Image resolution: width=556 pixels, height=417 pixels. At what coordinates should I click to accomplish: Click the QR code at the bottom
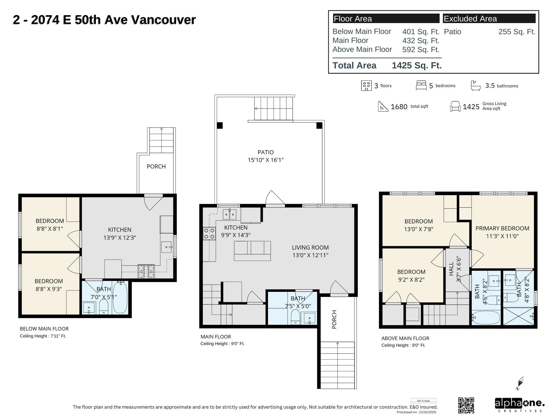click(x=466, y=405)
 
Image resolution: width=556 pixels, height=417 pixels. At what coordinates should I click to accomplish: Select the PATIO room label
click(x=266, y=152)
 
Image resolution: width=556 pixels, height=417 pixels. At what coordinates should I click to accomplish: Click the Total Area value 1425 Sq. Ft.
click(x=417, y=65)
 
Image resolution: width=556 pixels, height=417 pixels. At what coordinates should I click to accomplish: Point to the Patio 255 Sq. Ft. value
click(x=517, y=32)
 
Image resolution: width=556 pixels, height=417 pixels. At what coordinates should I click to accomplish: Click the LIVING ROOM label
click(x=310, y=248)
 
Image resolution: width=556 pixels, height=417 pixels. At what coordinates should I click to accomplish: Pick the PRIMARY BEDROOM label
click(x=502, y=228)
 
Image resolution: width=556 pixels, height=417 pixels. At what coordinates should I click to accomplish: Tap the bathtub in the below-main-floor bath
click(x=120, y=298)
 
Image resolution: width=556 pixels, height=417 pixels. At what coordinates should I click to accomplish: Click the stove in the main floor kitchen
click(x=209, y=233)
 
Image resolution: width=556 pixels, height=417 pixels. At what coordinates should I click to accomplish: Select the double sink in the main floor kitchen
click(x=229, y=214)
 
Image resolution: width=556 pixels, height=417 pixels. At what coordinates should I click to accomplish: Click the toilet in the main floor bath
click(x=295, y=317)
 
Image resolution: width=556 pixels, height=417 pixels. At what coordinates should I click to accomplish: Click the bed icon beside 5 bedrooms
click(x=421, y=86)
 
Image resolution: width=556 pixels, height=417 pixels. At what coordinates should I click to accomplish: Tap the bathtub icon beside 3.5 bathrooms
click(x=476, y=86)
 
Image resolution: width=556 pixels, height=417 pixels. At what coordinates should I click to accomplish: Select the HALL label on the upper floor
click(x=451, y=269)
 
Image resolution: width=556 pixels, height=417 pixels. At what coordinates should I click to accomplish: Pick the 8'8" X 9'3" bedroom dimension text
click(x=49, y=289)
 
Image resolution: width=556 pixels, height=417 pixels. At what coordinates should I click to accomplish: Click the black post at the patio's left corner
click(x=220, y=125)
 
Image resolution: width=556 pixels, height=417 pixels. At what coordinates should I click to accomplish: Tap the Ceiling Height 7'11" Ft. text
click(x=43, y=336)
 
